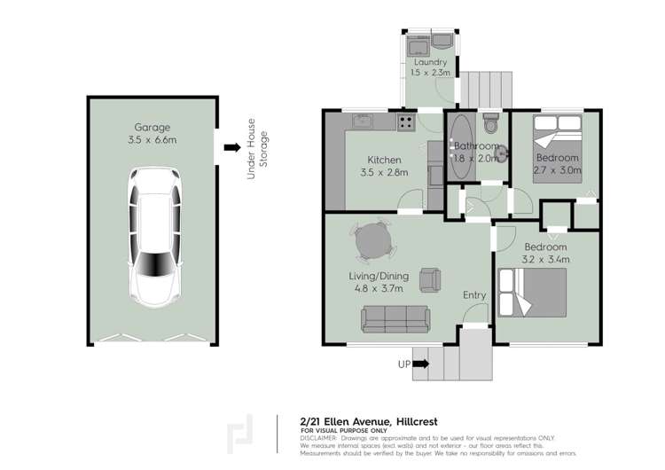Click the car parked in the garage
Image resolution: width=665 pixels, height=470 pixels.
click(154, 235)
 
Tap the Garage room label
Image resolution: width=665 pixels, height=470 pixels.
click(153, 127)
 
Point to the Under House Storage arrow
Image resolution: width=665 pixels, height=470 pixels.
click(232, 148)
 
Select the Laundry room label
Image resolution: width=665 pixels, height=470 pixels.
click(430, 63)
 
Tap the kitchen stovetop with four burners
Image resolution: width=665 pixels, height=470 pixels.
click(407, 121)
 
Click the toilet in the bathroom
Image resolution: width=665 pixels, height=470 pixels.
click(492, 121)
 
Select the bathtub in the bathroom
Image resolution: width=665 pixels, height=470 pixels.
click(461, 146)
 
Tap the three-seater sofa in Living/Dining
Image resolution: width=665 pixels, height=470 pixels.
click(395, 317)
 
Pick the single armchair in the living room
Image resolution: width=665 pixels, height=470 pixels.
click(430, 278)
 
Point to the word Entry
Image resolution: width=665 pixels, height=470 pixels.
click(473, 295)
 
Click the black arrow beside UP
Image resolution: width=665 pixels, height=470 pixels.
click(420, 363)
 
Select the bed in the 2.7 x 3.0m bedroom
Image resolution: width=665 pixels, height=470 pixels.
click(556, 141)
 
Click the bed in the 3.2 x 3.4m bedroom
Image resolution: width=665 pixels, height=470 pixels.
click(531, 292)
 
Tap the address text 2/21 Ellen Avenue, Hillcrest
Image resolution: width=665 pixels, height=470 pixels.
click(368, 421)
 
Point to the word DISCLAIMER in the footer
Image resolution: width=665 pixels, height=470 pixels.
click(318, 438)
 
